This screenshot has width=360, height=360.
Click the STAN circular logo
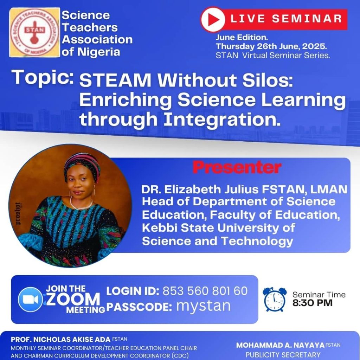click(x=35, y=32)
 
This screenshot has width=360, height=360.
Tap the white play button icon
click(x=213, y=20)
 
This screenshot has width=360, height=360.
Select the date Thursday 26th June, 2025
click(x=271, y=46)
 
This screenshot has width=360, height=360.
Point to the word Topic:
click(x=43, y=77)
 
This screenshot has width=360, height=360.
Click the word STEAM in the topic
click(x=115, y=80)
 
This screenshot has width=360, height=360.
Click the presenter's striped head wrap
click(x=82, y=164)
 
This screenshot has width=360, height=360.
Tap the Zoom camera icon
click(x=30, y=300)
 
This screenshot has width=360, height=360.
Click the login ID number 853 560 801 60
click(x=205, y=291)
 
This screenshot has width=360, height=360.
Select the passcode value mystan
click(x=203, y=307)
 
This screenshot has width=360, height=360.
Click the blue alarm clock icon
click(x=275, y=299)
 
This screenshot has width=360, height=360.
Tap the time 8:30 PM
click(x=312, y=303)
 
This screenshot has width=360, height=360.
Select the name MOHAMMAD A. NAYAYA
click(x=280, y=345)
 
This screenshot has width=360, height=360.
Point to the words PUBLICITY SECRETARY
click(x=283, y=355)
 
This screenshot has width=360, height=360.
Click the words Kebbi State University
click(x=218, y=228)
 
